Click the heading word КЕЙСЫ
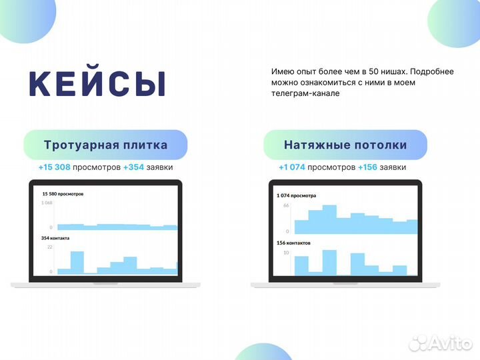point(98,83)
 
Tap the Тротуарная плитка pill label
point(105,145)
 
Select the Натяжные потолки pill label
point(345,145)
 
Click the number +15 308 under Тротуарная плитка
point(55,167)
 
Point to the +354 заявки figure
point(148,167)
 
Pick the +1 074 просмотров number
point(292,167)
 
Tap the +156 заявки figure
point(382,167)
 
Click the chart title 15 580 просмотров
point(63,194)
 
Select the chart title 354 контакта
point(55,238)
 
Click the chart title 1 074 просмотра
point(297,196)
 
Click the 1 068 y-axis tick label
point(47,203)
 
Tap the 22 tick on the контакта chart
point(49,247)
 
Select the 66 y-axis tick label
point(286,206)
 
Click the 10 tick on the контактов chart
point(286,253)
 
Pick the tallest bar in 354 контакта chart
point(77,262)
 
